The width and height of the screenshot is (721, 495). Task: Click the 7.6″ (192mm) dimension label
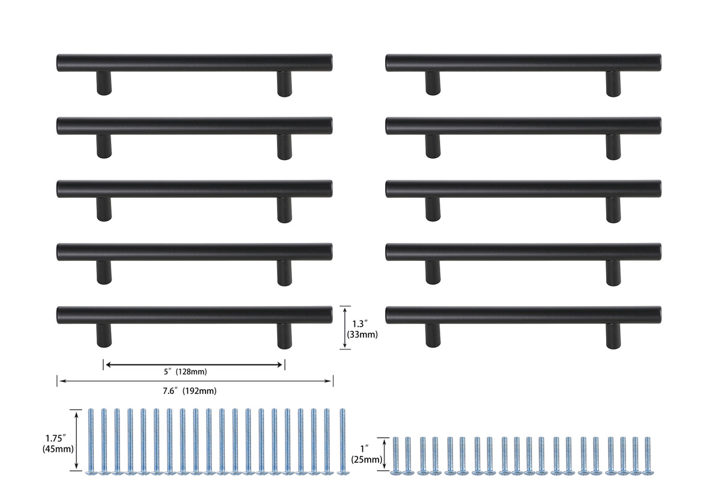click(x=189, y=391)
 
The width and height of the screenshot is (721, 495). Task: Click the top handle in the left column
click(x=195, y=63)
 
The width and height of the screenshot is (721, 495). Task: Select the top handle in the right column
click(x=523, y=63)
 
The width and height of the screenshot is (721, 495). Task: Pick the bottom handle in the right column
click(x=523, y=315)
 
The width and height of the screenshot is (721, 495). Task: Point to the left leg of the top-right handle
click(x=433, y=83)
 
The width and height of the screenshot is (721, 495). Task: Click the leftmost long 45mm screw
click(x=91, y=441)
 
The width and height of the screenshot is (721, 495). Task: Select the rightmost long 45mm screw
click(x=342, y=441)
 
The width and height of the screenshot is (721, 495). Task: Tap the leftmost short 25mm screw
click(x=395, y=455)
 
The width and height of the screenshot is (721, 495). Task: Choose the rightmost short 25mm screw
click(x=647, y=455)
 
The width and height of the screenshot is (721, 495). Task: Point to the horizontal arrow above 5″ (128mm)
click(x=194, y=364)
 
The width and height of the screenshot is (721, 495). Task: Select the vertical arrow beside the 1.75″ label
click(x=76, y=440)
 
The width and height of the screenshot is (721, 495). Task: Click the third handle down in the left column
click(x=195, y=189)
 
